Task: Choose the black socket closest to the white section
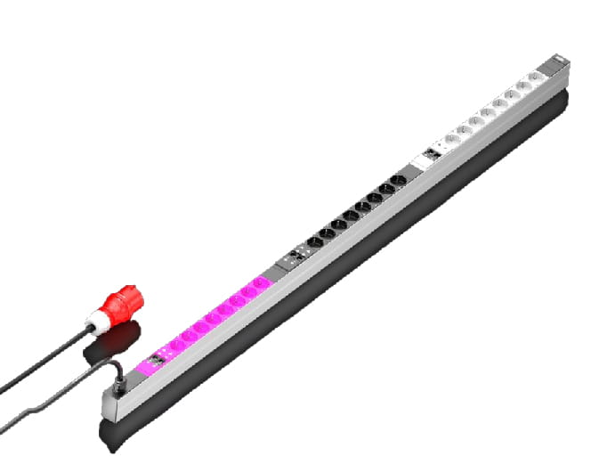(401, 183)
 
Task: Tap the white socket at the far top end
(535, 79)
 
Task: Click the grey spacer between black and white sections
(415, 170)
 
